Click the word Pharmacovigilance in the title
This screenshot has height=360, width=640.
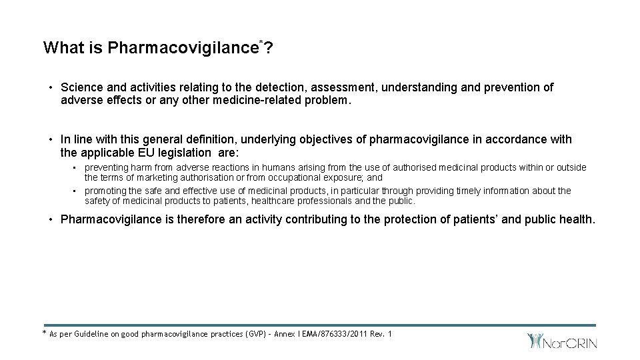pyautogui.click(x=183, y=48)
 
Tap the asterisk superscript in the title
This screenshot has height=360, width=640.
pyautogui.click(x=261, y=42)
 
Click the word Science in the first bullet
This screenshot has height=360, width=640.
pyautogui.click(x=81, y=87)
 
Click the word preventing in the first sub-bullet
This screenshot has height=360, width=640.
pyautogui.click(x=105, y=167)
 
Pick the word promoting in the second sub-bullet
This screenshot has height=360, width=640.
pyautogui.click(x=105, y=191)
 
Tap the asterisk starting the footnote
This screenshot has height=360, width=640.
pyautogui.click(x=45, y=332)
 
